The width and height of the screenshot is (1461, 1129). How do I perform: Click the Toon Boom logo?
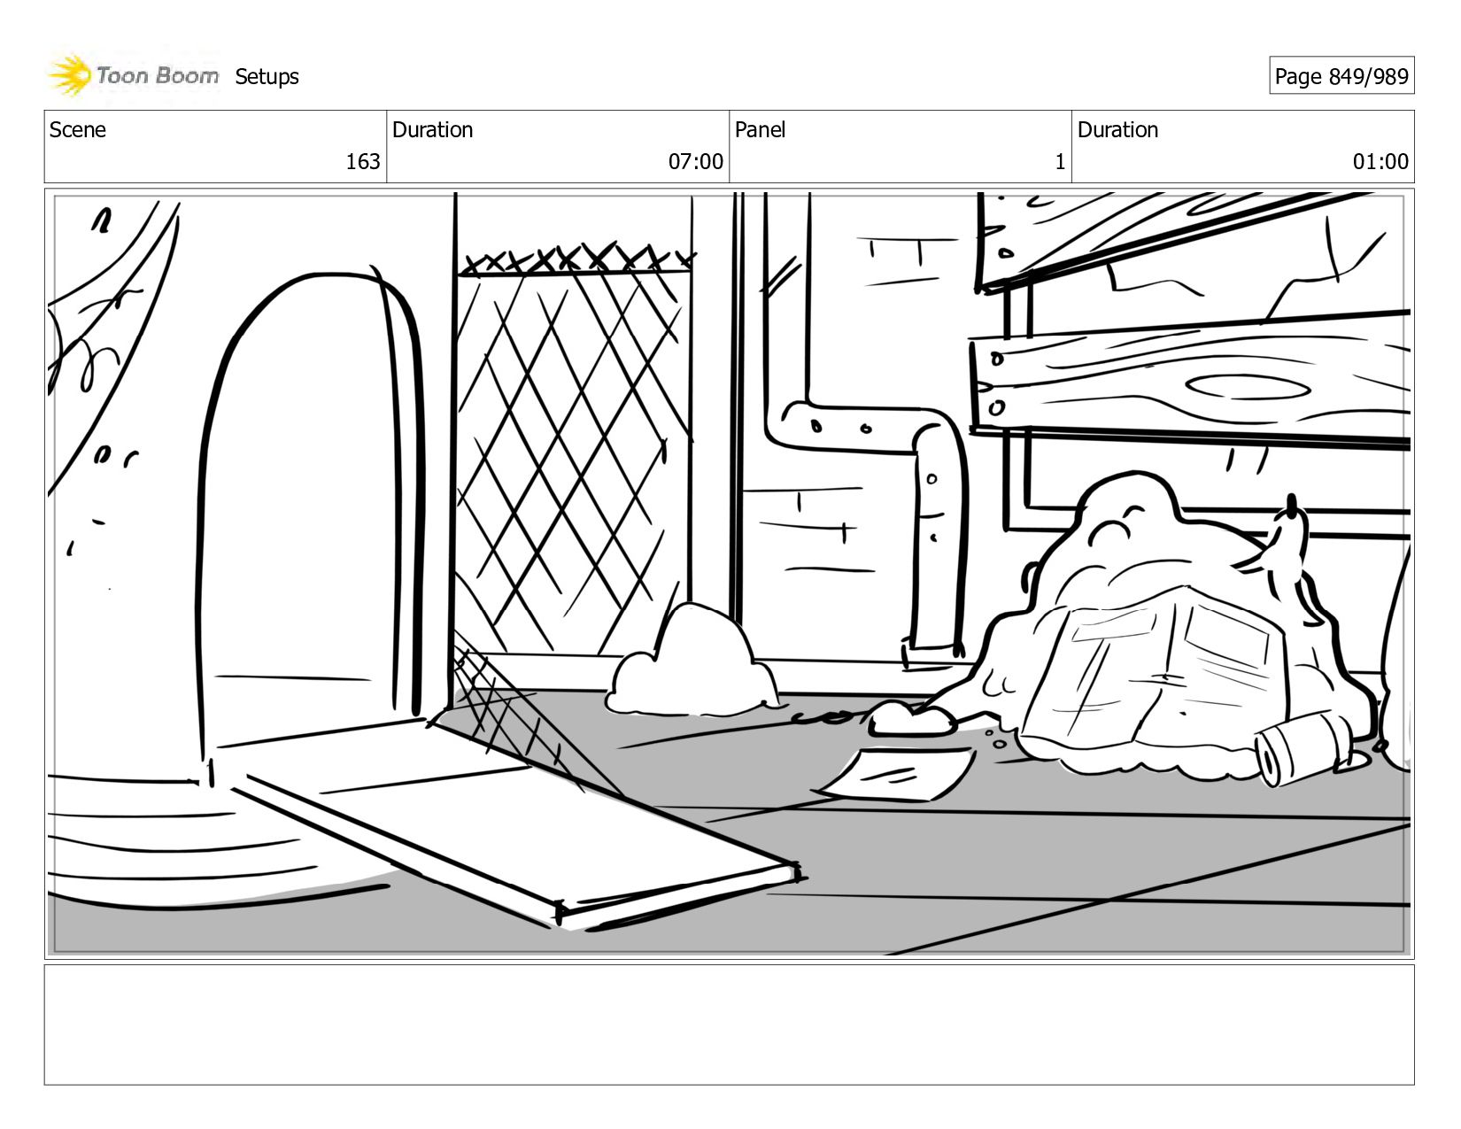click(133, 76)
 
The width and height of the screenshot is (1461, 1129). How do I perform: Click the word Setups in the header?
click(267, 77)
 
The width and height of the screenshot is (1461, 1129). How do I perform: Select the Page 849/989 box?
click(1341, 77)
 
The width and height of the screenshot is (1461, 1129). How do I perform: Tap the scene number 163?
click(362, 161)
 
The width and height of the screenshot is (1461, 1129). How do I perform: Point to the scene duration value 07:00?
click(695, 161)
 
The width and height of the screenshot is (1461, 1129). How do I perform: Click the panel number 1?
click(1059, 161)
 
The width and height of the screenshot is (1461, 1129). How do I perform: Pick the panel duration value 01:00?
click(1380, 161)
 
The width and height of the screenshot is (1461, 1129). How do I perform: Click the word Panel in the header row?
click(760, 130)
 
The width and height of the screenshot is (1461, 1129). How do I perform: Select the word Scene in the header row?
click(78, 130)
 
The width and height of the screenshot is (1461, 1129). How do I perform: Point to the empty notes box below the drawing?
click(729, 1024)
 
